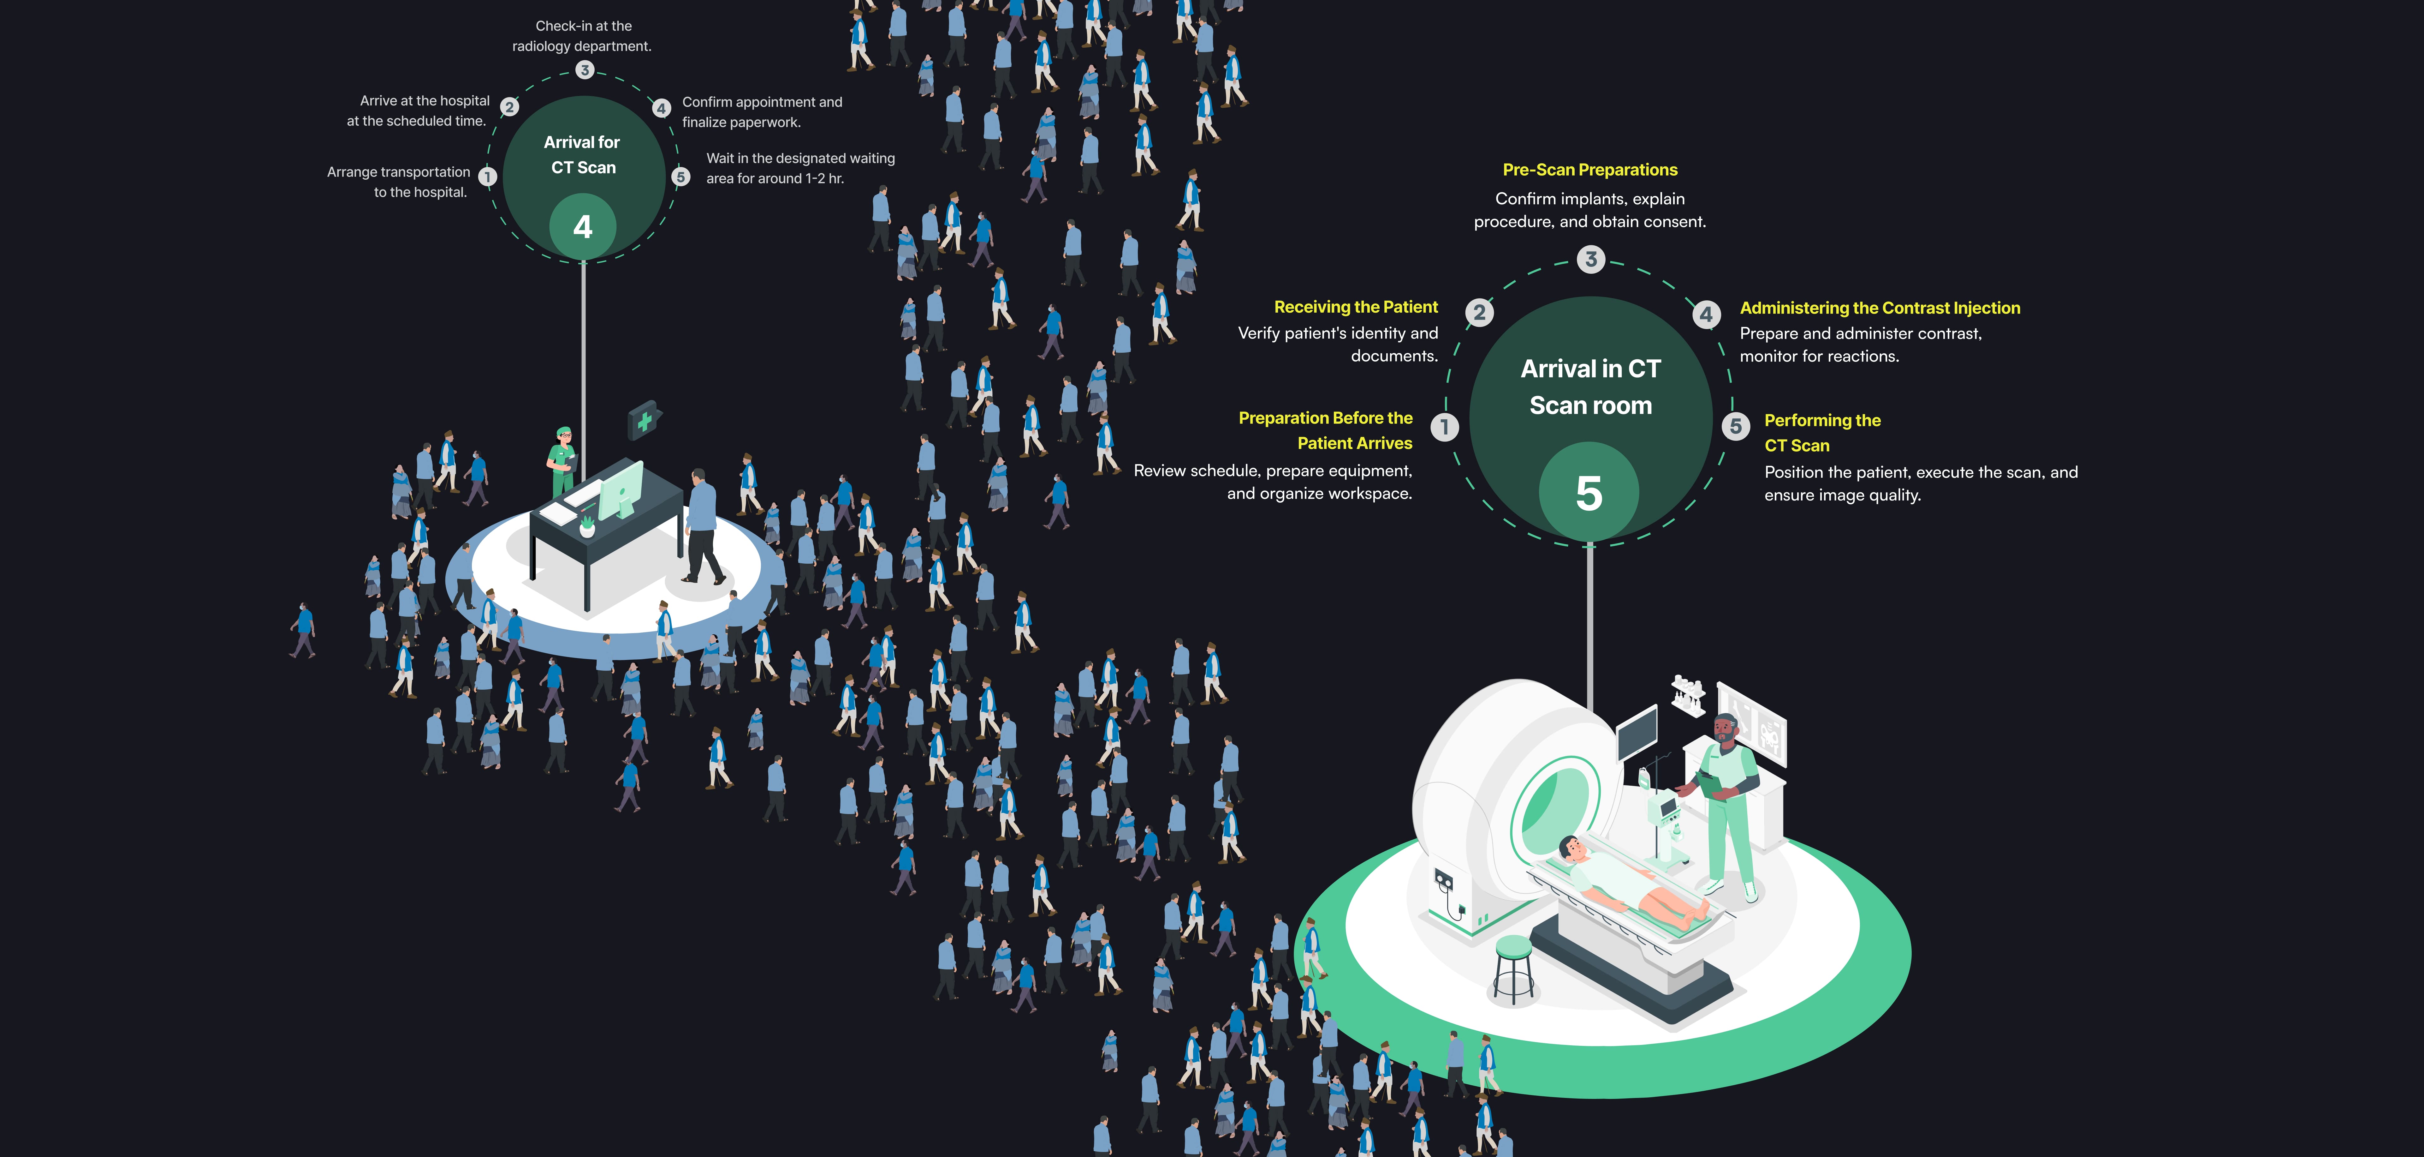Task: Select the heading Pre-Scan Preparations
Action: coord(1589,170)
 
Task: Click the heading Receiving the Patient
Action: coord(1355,307)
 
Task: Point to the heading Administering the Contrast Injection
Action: coord(1879,308)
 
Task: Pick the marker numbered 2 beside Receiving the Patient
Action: coord(1479,313)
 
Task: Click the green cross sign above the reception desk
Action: coord(645,421)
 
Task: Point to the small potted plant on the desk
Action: coord(587,525)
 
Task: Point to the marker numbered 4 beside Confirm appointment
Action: coord(662,108)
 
